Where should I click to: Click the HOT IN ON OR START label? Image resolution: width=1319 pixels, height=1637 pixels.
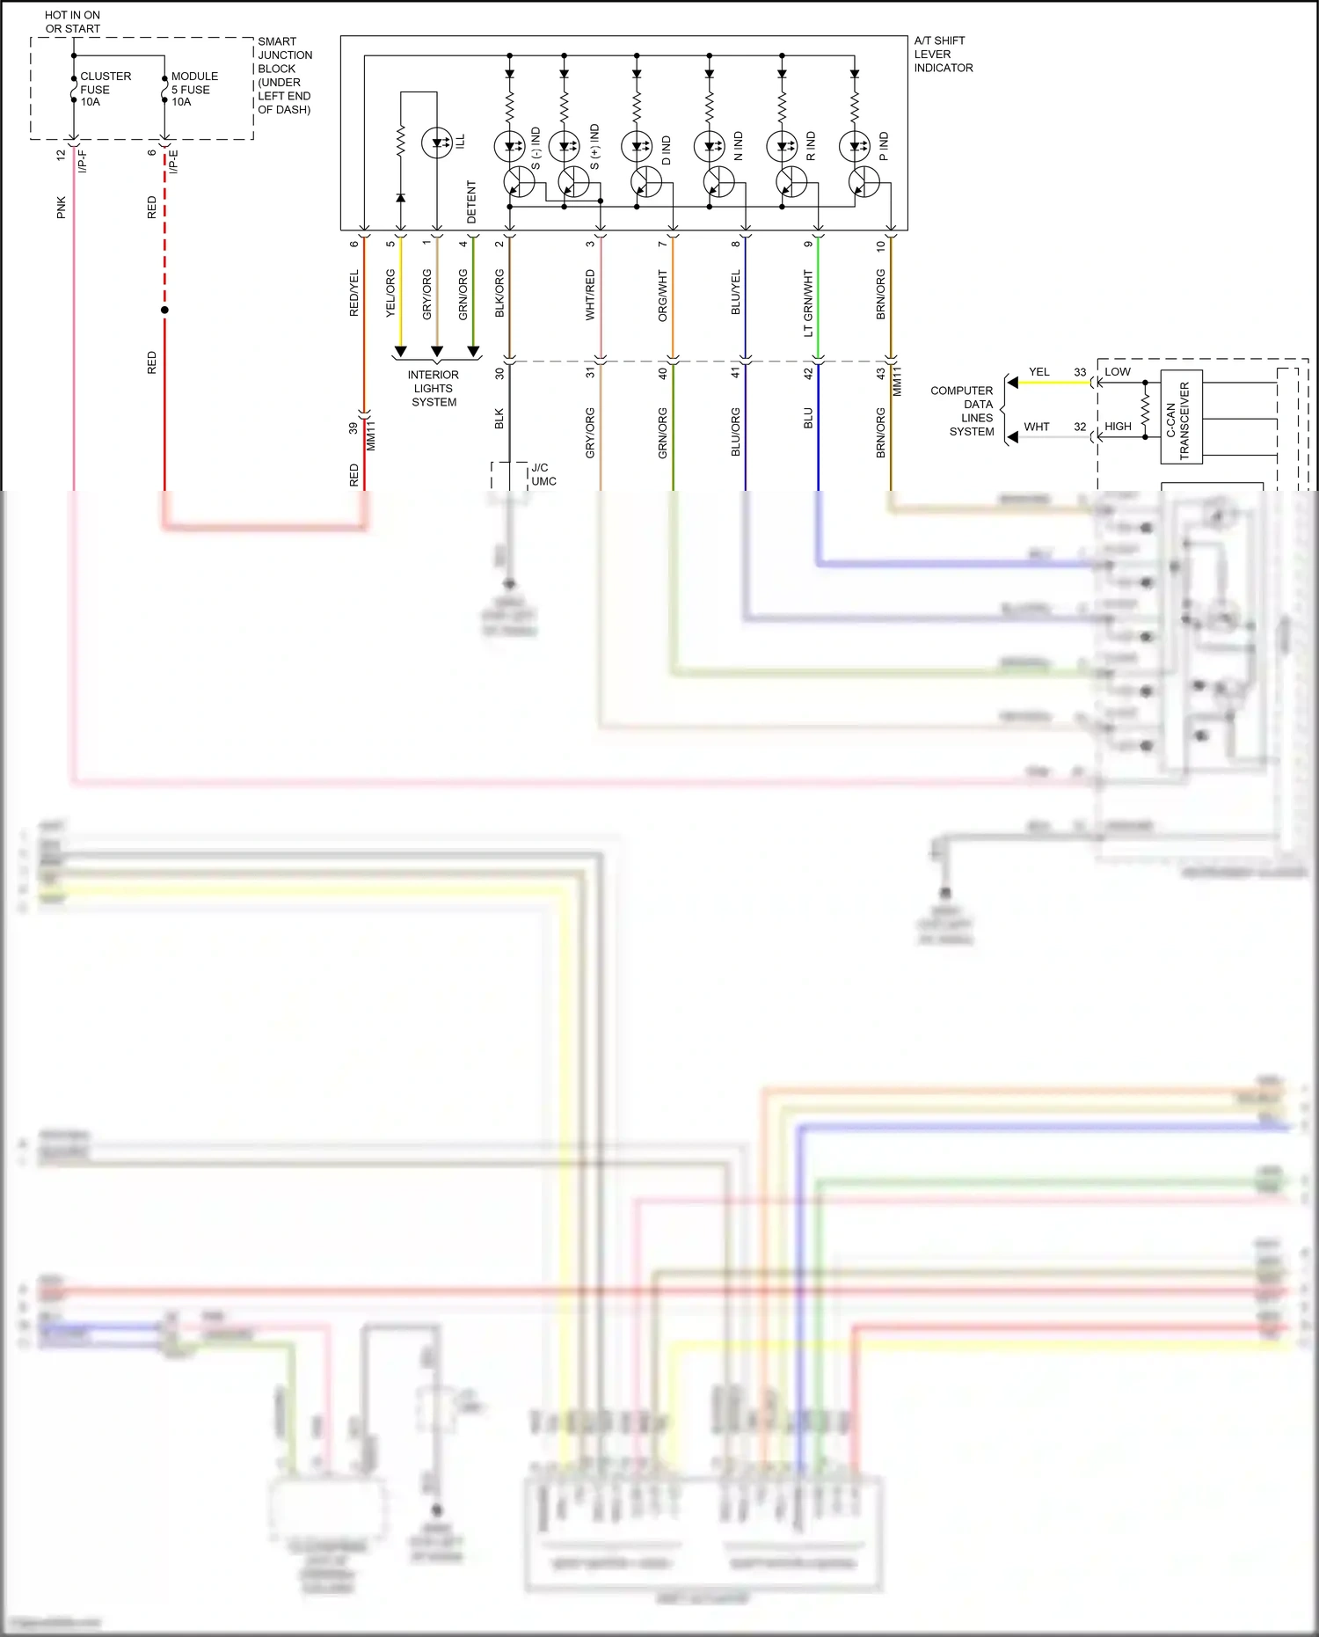(72, 22)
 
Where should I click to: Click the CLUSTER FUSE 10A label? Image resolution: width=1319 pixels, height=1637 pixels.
(105, 89)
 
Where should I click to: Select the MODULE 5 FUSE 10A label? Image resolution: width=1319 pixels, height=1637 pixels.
(194, 89)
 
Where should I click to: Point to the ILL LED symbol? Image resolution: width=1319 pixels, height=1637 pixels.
(437, 143)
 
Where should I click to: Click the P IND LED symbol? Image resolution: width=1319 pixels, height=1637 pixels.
(854, 146)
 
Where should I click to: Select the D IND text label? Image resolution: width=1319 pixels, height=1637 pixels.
(666, 150)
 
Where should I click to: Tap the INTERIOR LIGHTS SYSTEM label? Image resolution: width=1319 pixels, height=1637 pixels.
(434, 388)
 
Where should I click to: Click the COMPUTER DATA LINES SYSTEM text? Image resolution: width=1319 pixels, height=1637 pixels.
(963, 411)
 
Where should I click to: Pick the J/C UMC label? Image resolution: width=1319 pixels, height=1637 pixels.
(543, 474)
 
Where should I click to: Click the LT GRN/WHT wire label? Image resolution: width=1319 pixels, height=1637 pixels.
(808, 303)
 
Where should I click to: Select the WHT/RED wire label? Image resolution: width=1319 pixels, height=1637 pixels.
(590, 295)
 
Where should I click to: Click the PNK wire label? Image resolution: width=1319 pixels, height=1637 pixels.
(61, 208)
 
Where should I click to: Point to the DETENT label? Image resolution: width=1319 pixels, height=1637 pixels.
(471, 202)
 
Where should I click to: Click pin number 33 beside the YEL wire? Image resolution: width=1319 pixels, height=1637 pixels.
(1080, 372)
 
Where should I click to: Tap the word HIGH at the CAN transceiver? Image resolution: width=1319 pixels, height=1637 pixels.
(1118, 427)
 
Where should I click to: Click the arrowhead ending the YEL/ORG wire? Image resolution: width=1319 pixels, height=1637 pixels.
(400, 352)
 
